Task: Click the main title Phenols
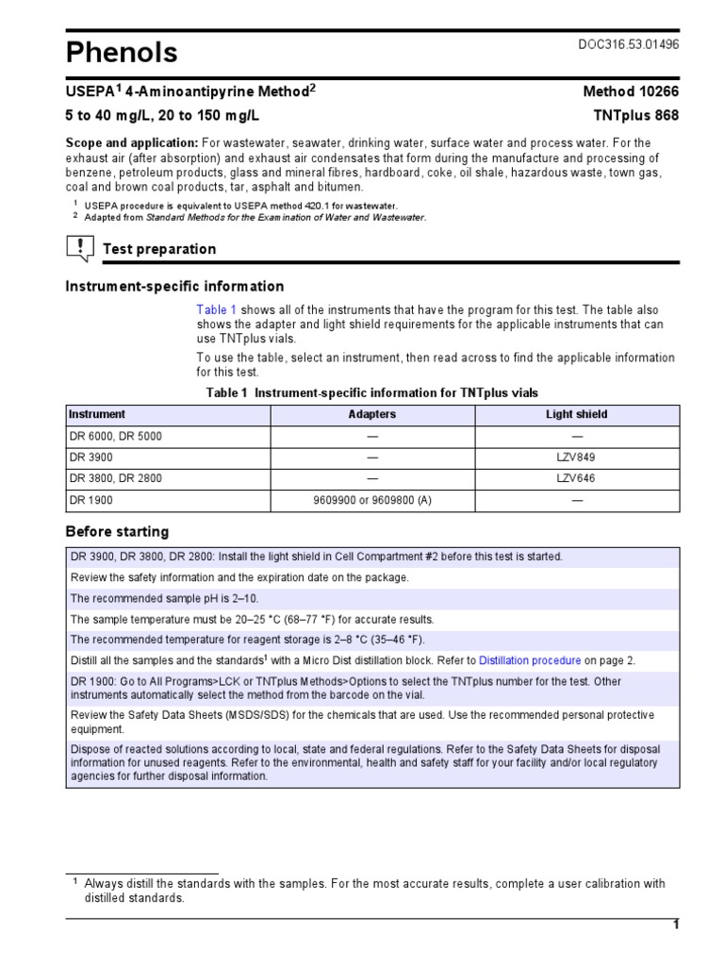click(x=121, y=53)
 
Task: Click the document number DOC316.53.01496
click(x=627, y=45)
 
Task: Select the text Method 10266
click(x=631, y=92)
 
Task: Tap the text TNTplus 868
click(x=634, y=115)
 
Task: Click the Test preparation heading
click(x=158, y=249)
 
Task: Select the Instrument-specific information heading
click(x=173, y=286)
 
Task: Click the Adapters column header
click(x=371, y=414)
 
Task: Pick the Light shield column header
click(x=577, y=414)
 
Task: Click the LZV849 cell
click(x=577, y=457)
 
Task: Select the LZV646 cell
click(x=577, y=478)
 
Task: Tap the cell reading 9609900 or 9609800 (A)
click(x=371, y=500)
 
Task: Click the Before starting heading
click(x=117, y=531)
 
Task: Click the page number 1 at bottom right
click(x=675, y=924)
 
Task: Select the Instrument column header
click(x=96, y=414)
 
